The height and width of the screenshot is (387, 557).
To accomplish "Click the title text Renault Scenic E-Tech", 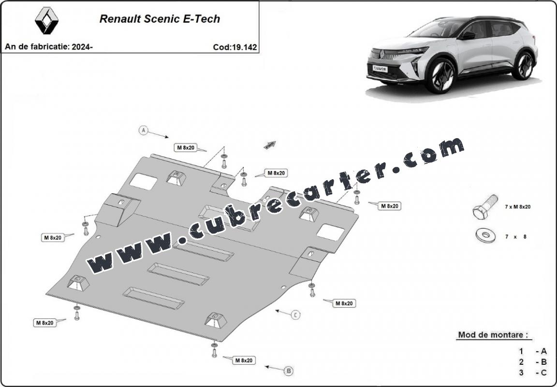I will [160, 19].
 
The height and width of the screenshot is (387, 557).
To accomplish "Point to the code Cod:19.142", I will [235, 47].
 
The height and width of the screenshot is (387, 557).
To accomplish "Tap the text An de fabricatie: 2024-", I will [49, 47].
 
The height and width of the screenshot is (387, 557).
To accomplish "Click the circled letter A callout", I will [143, 130].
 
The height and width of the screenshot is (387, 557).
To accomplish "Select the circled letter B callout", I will [289, 371].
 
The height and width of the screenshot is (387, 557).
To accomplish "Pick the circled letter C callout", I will [295, 315].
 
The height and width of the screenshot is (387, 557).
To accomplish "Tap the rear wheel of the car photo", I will [523, 65].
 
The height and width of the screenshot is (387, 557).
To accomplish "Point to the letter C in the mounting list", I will [544, 373].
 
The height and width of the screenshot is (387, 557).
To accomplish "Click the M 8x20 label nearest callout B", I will [244, 360].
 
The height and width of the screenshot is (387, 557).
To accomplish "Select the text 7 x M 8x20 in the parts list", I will [517, 207].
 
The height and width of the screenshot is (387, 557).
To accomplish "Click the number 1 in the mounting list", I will [521, 351].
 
